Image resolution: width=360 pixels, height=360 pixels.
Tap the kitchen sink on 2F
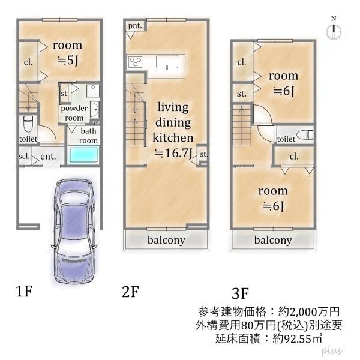(166, 61)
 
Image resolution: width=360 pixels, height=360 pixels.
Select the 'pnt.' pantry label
(134, 25)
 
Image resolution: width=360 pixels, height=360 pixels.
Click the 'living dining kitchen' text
(173, 122)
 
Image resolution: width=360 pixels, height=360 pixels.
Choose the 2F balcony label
(166, 241)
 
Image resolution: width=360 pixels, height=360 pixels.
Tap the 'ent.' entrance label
(48, 158)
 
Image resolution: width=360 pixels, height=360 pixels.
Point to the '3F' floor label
(240, 293)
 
